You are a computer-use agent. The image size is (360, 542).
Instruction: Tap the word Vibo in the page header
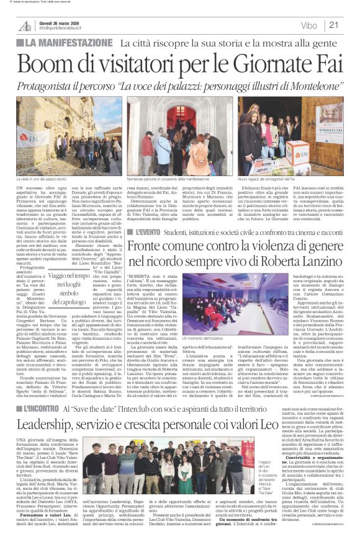click(308, 25)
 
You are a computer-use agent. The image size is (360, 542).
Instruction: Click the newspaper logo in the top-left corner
click(25, 25)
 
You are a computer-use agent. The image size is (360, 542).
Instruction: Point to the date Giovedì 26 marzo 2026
click(61, 22)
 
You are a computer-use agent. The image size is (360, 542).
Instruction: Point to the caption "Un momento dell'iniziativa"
click(202, 339)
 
